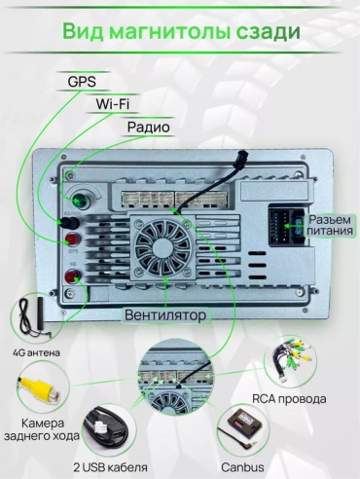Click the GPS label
click(x=82, y=81)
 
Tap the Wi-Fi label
click(x=113, y=104)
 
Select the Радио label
click(x=148, y=127)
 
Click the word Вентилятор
click(x=165, y=315)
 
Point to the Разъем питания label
click(x=330, y=225)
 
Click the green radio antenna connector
click(x=80, y=201)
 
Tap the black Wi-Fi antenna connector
click(x=68, y=222)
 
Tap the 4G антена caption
click(x=36, y=352)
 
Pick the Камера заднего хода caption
click(x=42, y=429)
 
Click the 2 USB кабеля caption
click(x=110, y=467)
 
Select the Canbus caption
click(x=242, y=467)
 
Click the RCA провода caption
click(x=289, y=399)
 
